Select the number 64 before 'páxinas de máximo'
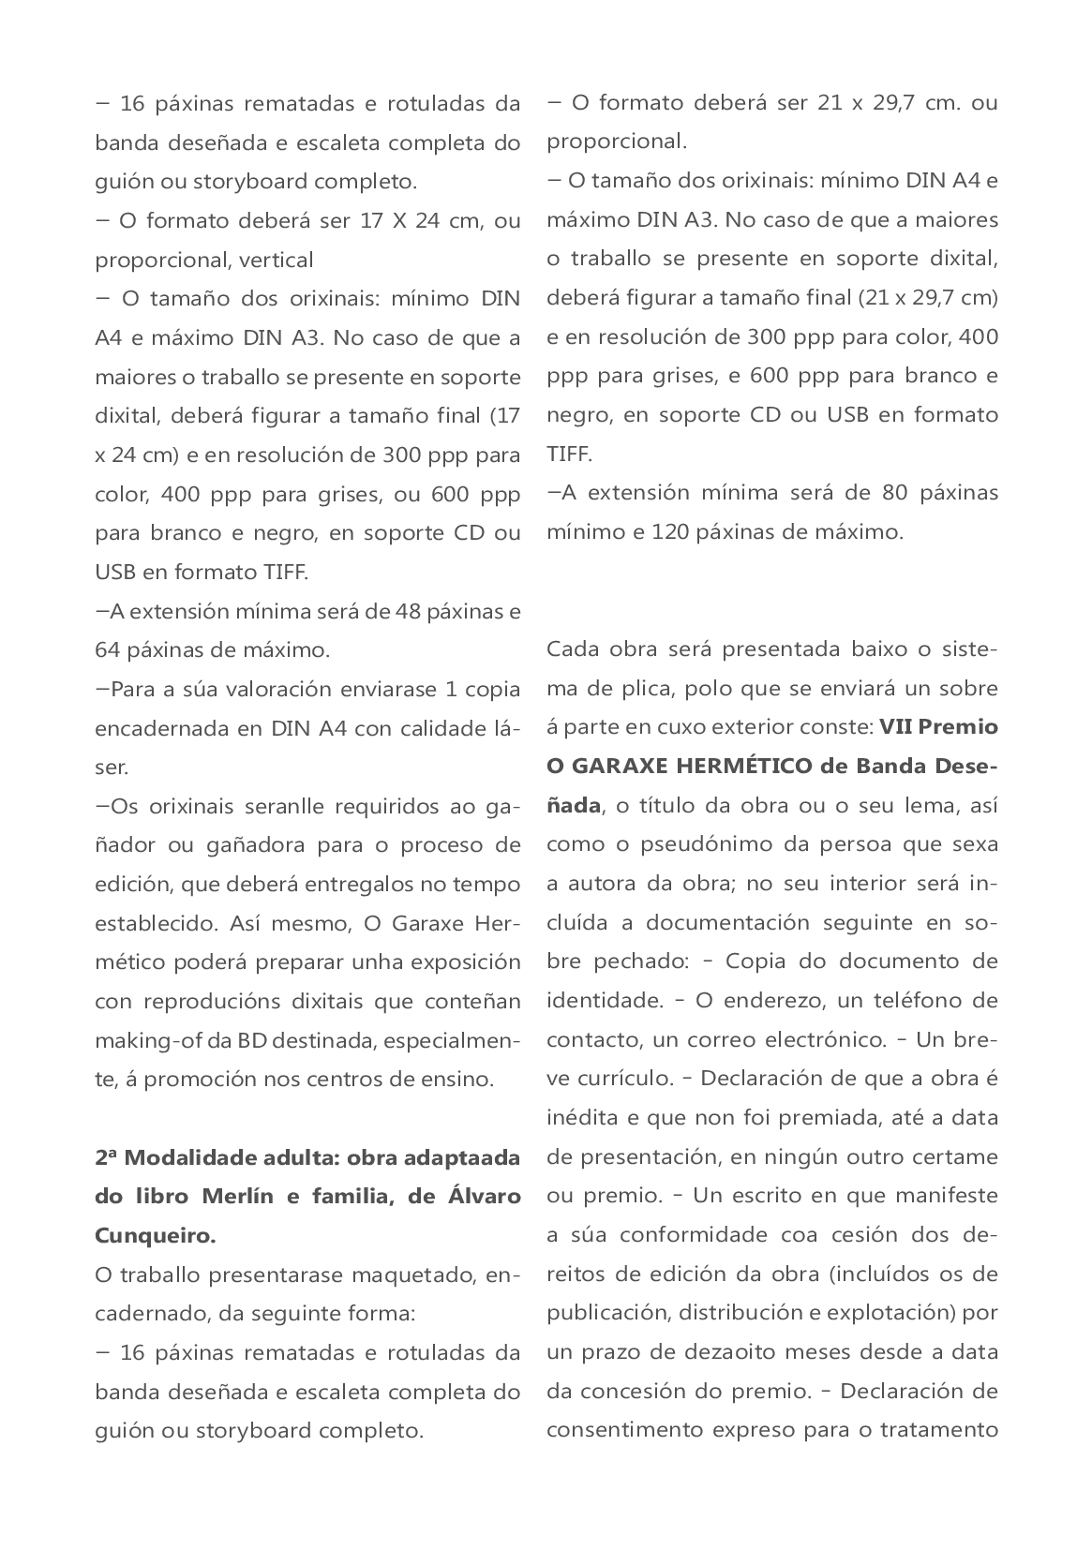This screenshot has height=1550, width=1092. (107, 649)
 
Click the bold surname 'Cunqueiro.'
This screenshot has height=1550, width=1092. (155, 1235)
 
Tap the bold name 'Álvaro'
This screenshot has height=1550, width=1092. (482, 1197)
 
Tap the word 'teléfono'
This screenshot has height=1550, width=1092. (921, 1000)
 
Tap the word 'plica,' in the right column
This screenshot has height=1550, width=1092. (643, 689)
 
